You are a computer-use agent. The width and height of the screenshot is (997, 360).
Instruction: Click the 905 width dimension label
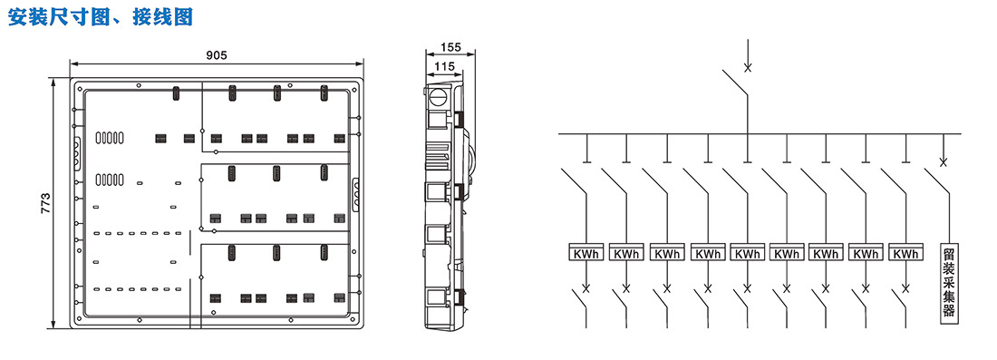[217, 55]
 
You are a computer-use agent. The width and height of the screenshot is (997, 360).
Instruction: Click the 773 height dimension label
[46, 203]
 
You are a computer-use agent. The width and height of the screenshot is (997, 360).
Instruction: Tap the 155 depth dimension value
[450, 46]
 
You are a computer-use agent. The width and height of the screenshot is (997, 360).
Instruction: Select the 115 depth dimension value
[445, 65]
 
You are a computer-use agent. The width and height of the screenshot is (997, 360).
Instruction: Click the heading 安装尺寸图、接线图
[100, 16]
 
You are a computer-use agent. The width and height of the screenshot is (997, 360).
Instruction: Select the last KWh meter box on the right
[905, 252]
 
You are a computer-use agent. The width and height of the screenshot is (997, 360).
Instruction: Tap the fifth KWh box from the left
[747, 252]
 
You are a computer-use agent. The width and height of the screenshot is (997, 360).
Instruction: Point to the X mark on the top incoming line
[748, 67]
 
